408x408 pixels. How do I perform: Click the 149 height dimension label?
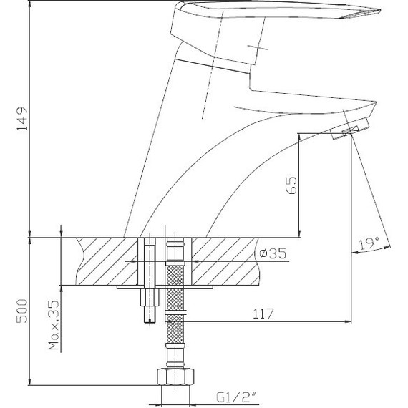(22, 118)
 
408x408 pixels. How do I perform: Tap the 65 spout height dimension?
(291, 185)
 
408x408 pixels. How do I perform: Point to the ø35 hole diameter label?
(273, 253)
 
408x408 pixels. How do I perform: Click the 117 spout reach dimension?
(263, 314)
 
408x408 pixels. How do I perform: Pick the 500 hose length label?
(22, 311)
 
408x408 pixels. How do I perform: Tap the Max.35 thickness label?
(54, 325)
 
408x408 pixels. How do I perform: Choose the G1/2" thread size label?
(236, 397)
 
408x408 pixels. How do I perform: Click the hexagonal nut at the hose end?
(175, 377)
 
